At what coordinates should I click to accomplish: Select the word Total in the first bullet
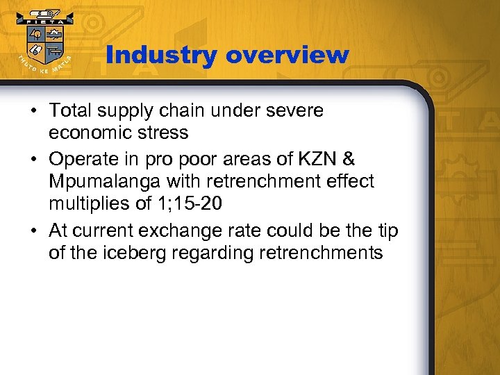72,110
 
